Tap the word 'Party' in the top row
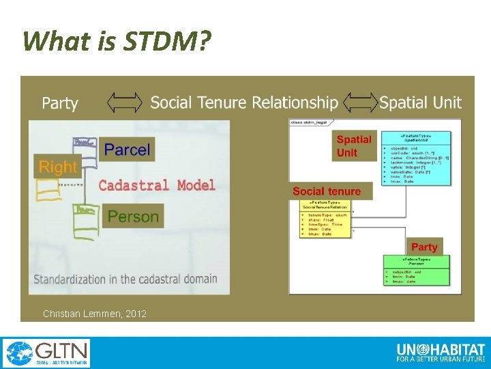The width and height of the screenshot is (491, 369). [x=60, y=103]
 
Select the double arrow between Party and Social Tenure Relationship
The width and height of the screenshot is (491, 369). [x=125, y=102]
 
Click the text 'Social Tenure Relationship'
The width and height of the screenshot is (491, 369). [x=244, y=102]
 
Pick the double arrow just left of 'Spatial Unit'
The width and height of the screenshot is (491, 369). [x=361, y=102]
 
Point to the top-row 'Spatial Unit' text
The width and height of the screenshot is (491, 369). [x=420, y=102]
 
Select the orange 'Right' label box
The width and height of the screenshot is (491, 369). [x=58, y=167]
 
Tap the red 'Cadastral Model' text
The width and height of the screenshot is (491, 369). [x=157, y=185]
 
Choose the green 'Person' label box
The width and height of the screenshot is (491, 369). [x=133, y=217]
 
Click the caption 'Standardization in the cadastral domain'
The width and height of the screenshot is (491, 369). [x=125, y=279]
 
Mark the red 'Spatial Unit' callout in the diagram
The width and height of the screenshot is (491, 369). [x=355, y=146]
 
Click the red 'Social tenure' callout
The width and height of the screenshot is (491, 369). [x=327, y=191]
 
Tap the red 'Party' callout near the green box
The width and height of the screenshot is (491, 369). [x=424, y=247]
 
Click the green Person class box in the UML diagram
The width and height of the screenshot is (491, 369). [x=416, y=270]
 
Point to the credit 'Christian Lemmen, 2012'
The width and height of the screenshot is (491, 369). [x=94, y=314]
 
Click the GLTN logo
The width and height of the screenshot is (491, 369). [x=46, y=353]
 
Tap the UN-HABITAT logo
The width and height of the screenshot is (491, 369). [x=440, y=353]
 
